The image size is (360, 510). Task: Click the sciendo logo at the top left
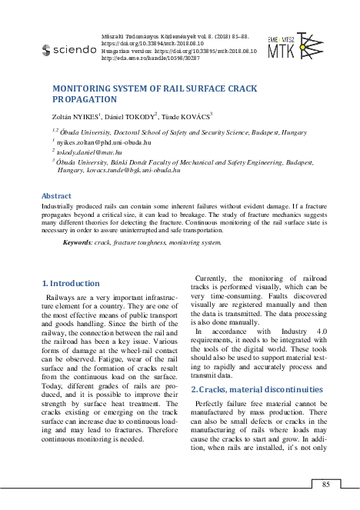point(68,50)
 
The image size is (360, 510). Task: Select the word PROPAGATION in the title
point(85,100)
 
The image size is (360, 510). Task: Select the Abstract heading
point(56,196)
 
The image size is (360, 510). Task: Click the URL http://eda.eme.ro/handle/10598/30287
point(147,57)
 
